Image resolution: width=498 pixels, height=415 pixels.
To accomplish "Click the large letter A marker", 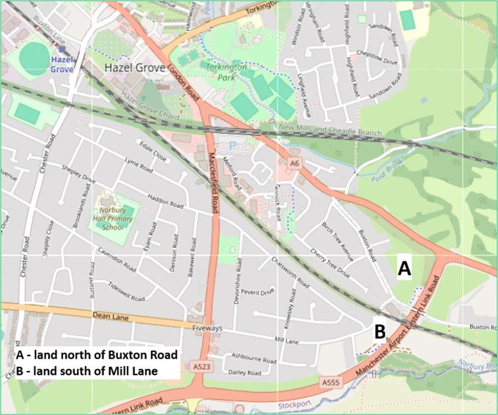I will (405, 269).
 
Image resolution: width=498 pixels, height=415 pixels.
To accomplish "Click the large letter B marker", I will (379, 332).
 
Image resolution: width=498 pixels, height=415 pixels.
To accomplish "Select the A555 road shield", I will (329, 382).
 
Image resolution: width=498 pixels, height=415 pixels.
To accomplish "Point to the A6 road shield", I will (294, 163).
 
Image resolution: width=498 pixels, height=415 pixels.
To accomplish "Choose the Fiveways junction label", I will (206, 329).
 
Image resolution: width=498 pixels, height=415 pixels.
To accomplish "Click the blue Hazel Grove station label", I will (62, 64).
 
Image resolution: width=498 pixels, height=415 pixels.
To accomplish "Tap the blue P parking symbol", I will (232, 145).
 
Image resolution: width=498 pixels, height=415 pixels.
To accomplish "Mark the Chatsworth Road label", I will (289, 272).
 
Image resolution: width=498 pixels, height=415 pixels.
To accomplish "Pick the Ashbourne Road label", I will (254, 360).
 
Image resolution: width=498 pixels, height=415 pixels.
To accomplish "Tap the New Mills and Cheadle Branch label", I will (331, 130).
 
